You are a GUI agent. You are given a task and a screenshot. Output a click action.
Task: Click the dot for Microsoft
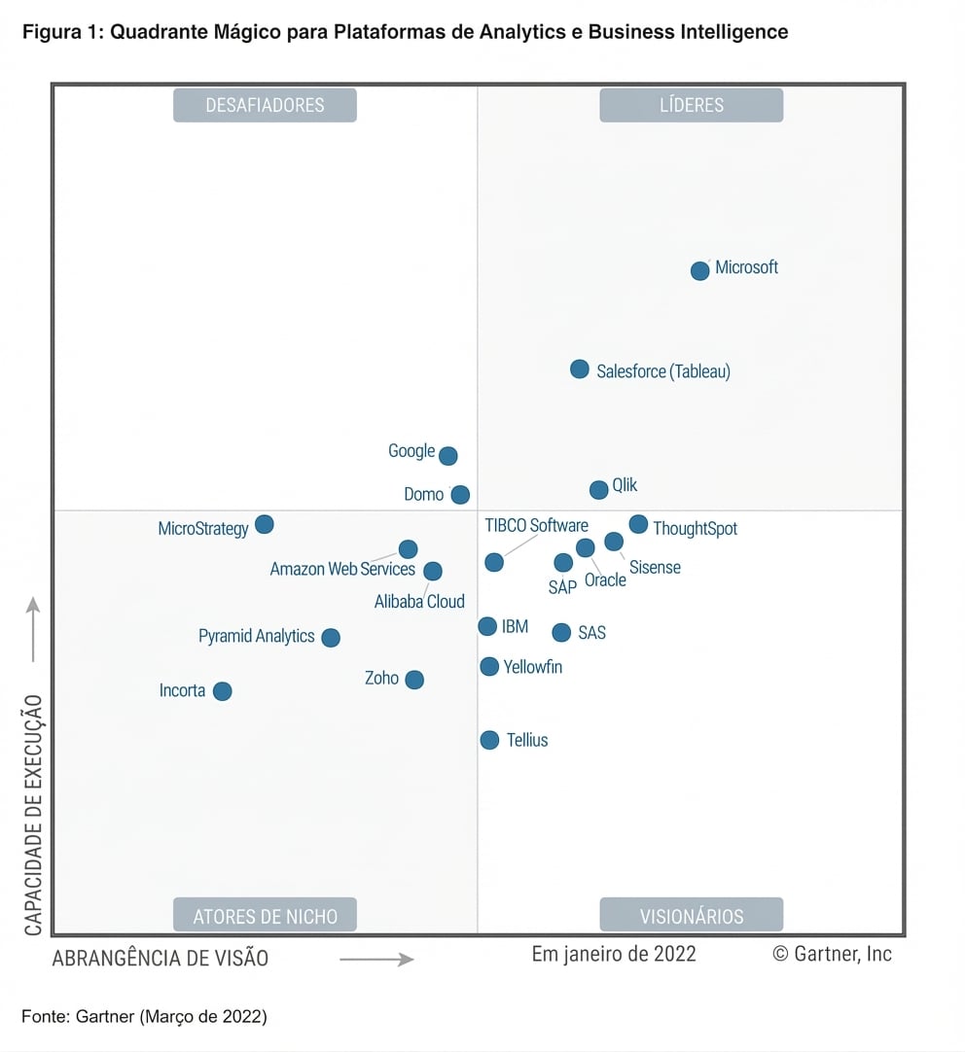(699, 270)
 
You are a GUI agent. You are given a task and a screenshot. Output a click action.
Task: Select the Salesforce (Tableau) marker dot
(579, 369)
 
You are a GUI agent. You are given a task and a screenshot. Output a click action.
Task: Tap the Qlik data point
(598, 489)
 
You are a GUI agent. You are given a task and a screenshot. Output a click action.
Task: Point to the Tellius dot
(489, 740)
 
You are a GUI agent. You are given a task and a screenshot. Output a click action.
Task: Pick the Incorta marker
(222, 691)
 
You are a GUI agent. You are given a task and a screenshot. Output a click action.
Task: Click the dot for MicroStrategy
(264, 525)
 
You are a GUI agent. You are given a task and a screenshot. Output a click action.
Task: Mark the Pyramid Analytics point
(331, 638)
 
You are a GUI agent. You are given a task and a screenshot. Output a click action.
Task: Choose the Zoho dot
(414, 680)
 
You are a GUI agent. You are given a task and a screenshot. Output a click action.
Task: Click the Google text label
(411, 451)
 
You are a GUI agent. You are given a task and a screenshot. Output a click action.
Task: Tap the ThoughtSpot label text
(695, 529)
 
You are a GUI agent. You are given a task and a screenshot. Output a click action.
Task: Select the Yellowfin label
(533, 668)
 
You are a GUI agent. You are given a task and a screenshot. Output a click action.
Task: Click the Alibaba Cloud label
(419, 602)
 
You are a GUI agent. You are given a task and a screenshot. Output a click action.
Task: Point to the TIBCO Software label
(536, 526)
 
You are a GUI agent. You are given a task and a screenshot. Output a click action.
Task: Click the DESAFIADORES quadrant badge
(265, 105)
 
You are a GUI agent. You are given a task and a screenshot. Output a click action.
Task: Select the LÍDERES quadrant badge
(691, 105)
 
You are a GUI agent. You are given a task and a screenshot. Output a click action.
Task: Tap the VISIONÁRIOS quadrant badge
(691, 916)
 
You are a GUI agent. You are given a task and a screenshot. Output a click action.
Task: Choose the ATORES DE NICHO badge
(265, 916)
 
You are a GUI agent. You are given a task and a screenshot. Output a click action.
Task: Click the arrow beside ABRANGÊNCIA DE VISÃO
(376, 960)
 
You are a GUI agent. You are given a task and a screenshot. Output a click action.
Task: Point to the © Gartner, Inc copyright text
(832, 954)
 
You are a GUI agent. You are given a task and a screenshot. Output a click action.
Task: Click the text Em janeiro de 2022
(614, 954)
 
